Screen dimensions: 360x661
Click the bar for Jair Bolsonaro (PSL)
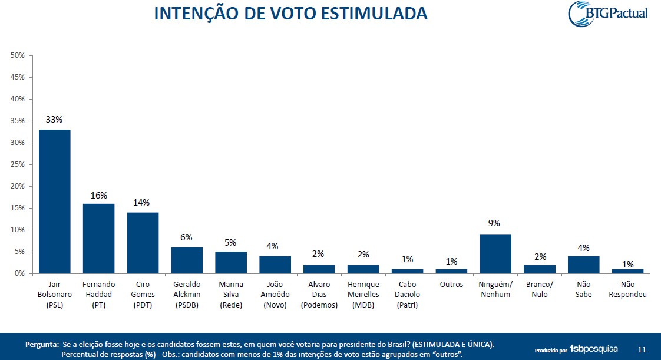click(x=54, y=201)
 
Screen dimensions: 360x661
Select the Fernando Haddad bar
click(x=98, y=238)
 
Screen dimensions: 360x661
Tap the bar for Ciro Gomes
click(x=143, y=242)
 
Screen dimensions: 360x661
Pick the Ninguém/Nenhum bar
click(x=495, y=253)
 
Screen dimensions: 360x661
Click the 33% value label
click(x=54, y=120)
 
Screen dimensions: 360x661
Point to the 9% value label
click(x=494, y=223)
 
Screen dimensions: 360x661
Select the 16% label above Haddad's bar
click(x=98, y=195)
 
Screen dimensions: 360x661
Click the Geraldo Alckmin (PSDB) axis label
click(x=187, y=294)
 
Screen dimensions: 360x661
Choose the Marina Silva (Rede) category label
click(x=231, y=294)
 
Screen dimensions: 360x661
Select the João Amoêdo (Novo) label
click(x=275, y=294)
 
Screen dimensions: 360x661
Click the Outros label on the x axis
click(x=451, y=284)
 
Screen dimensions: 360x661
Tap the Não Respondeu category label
click(x=628, y=289)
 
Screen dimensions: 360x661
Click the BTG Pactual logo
click(x=607, y=14)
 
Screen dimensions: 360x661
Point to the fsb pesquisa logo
click(x=593, y=349)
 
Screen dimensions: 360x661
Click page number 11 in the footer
click(x=642, y=349)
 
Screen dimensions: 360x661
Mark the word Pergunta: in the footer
click(x=41, y=344)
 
